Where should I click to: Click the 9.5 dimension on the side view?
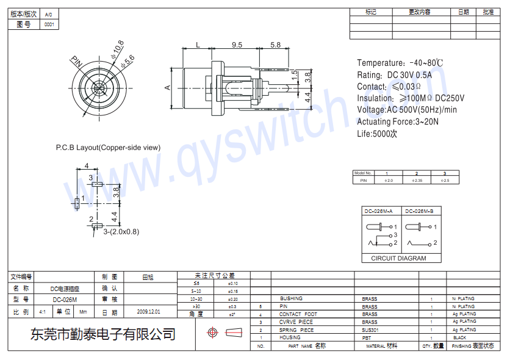(237, 45)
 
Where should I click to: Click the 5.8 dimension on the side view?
(275, 45)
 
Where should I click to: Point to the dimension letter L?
(198, 45)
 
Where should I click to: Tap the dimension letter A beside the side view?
(167, 87)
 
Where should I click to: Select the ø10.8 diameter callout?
(117, 48)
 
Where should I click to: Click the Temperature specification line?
(400, 63)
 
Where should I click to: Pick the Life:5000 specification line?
(376, 133)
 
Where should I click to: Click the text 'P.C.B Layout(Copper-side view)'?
(108, 147)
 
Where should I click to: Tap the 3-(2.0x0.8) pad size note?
(121, 231)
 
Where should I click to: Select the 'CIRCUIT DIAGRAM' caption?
(398, 258)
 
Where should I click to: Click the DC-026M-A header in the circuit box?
(378, 211)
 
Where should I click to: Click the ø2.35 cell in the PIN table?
(417, 181)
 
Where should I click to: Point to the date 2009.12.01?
(148, 312)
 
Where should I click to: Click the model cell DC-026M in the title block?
(65, 300)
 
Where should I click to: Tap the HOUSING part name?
(290, 337)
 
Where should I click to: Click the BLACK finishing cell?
(459, 337)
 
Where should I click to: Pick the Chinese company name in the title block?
(103, 334)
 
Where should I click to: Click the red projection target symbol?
(212, 333)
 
